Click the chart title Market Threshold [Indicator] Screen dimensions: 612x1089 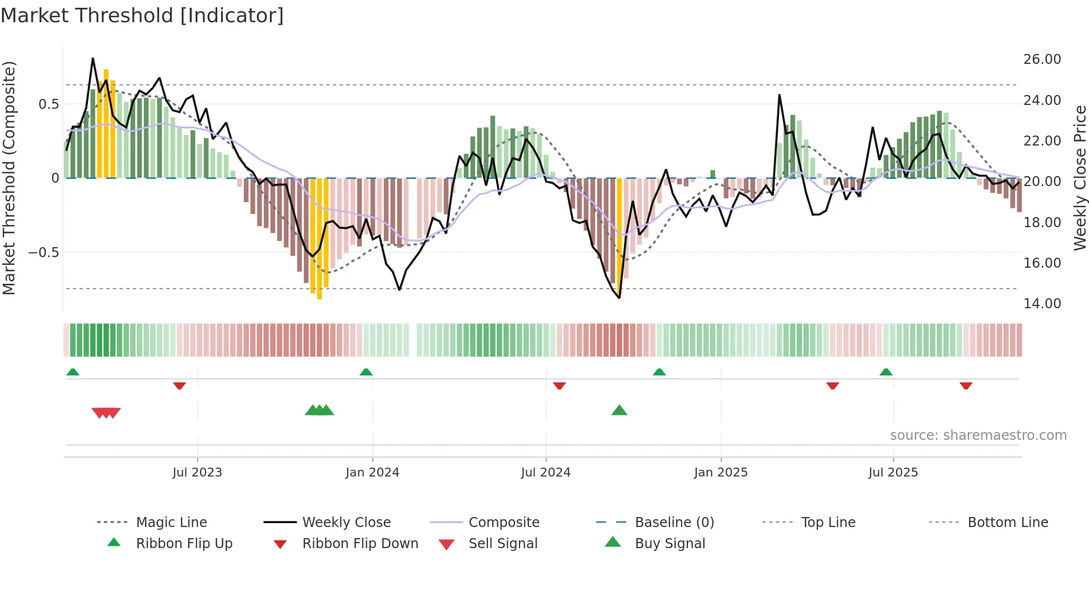click(142, 16)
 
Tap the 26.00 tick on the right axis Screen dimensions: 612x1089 click(1042, 59)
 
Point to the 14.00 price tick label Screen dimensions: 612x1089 click(1042, 304)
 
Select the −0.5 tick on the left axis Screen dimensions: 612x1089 click(43, 253)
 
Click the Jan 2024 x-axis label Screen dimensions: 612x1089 click(372, 473)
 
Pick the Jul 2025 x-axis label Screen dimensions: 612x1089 click(893, 473)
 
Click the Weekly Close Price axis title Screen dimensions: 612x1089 click(1080, 178)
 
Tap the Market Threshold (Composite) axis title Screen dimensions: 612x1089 click(9, 178)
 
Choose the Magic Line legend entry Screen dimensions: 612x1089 click(171, 523)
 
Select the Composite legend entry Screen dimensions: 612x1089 click(503, 523)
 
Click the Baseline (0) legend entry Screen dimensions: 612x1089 click(674, 523)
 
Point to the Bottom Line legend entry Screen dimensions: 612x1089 click(1007, 523)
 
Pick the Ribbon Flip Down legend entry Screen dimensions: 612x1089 click(359, 544)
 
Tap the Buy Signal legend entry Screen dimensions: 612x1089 click(670, 544)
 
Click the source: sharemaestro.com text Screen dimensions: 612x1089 click(978, 435)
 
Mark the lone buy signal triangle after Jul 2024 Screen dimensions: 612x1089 click(619, 410)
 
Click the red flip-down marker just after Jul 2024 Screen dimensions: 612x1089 click(559, 385)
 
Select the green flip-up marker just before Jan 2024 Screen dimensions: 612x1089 click(366, 372)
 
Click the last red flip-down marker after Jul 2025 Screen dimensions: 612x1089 click(966, 385)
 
